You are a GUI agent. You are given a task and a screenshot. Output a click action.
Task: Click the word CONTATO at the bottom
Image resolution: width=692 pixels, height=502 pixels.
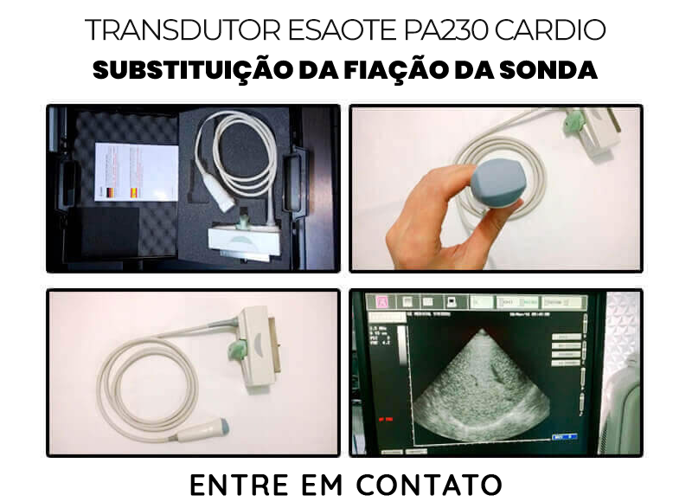coord(437,484)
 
